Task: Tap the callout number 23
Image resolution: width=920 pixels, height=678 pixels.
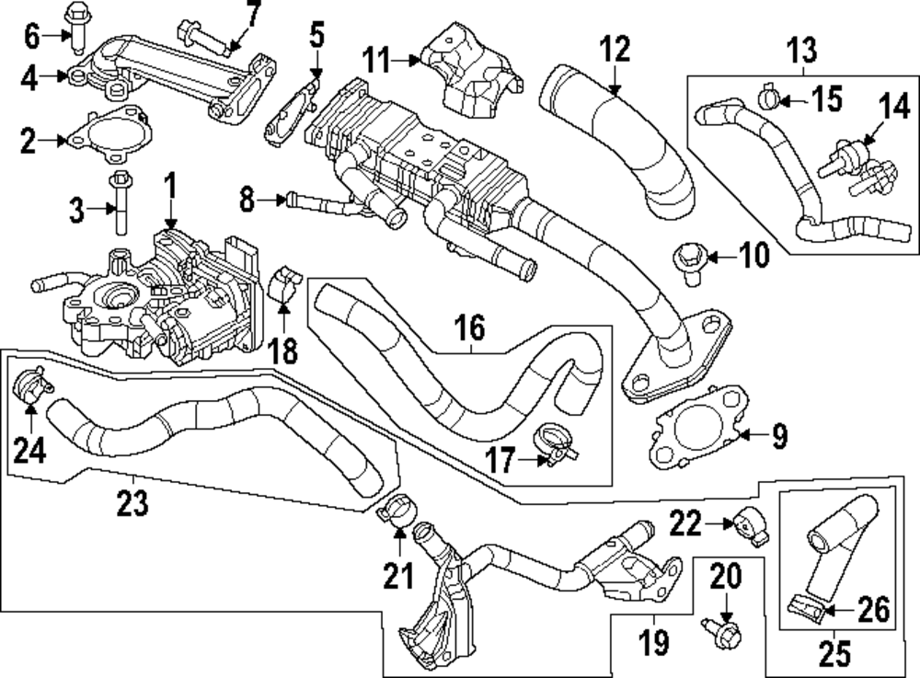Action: pyautogui.click(x=134, y=503)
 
